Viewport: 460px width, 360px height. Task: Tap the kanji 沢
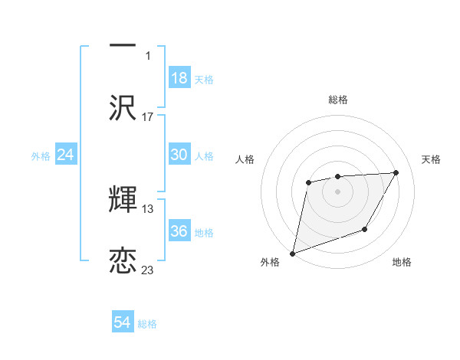[x=123, y=107]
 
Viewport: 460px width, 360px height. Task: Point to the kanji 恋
[x=123, y=260]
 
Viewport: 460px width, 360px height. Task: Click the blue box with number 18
[x=179, y=78]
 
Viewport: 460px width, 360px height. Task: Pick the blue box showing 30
[x=179, y=155]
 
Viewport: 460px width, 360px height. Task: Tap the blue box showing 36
[x=179, y=231]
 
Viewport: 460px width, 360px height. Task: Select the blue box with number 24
[x=66, y=155]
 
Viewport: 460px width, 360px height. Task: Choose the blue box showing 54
[x=123, y=323]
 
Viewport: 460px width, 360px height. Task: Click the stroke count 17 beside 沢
[x=148, y=117]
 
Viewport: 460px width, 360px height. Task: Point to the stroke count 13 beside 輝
[x=148, y=208]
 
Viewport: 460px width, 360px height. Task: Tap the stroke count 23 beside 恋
[x=148, y=270]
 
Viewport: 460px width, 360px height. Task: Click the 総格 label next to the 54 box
[x=147, y=324]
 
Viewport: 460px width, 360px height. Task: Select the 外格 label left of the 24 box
[x=41, y=156]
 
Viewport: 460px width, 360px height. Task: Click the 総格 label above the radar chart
[x=338, y=100]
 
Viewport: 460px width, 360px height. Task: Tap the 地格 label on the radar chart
[x=402, y=263]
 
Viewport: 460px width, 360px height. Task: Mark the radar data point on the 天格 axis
[x=396, y=172]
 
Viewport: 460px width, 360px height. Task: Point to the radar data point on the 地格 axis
[x=366, y=229]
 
